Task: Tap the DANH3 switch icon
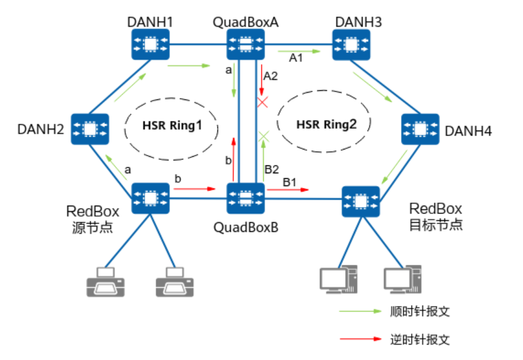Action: (x=350, y=45)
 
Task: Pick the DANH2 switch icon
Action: (x=90, y=129)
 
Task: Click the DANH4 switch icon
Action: (x=420, y=129)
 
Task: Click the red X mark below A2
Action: (x=263, y=102)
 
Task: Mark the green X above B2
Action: (x=264, y=135)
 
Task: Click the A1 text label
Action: (x=295, y=58)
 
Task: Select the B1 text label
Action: (x=289, y=182)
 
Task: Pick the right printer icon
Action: (x=174, y=281)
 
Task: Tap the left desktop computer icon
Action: (x=339, y=279)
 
